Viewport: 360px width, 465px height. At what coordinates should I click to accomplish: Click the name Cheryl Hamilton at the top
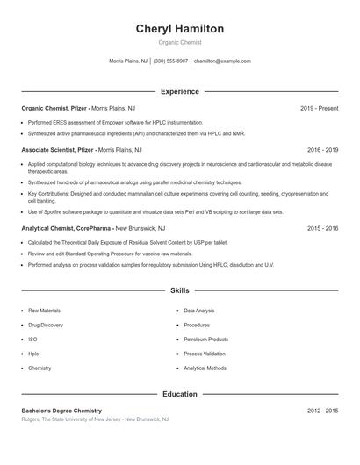point(179,29)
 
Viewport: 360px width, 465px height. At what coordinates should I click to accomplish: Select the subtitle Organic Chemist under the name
point(179,43)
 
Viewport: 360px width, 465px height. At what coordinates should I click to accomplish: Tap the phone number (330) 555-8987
point(170,61)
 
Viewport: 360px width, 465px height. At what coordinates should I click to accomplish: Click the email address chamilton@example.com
point(222,61)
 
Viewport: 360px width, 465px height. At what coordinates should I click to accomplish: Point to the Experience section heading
point(179,91)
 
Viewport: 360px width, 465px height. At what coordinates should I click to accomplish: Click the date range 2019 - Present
point(319,108)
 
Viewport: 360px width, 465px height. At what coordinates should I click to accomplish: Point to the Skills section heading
point(179,290)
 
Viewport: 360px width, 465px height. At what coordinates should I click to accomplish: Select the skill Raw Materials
point(46,311)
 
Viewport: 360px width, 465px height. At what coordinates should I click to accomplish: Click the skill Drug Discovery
point(46,325)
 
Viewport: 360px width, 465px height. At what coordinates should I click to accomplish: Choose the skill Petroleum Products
point(205,340)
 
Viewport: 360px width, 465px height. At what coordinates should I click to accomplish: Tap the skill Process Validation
point(205,354)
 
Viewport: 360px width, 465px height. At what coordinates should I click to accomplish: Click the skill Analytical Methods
point(205,368)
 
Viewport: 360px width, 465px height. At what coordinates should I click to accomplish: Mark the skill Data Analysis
point(198,311)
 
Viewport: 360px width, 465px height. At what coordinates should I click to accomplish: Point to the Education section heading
point(179,394)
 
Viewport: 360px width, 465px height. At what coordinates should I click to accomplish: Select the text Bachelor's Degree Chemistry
point(61,411)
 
